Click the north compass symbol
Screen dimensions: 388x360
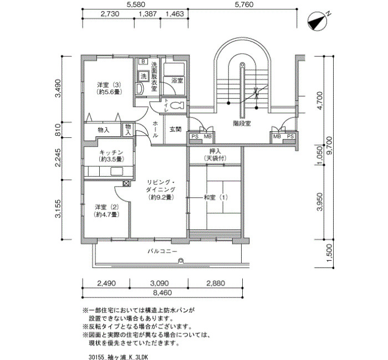point(318,22)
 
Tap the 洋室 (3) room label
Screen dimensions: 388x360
point(109,85)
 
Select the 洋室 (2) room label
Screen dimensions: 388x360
point(107,207)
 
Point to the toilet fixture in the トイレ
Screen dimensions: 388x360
point(178,105)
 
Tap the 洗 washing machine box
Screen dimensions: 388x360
point(144,76)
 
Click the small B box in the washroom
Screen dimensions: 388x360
point(143,61)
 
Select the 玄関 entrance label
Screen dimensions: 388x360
point(176,129)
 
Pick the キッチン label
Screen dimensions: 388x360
point(111,152)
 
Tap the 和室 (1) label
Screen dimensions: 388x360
point(215,198)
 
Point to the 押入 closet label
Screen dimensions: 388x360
point(215,151)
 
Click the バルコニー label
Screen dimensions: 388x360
point(162,251)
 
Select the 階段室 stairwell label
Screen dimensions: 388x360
point(242,123)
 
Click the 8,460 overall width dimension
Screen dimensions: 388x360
point(162,293)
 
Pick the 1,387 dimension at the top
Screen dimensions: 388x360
point(148,14)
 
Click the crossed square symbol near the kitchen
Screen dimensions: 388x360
point(126,183)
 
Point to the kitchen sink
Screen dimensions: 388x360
point(116,171)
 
